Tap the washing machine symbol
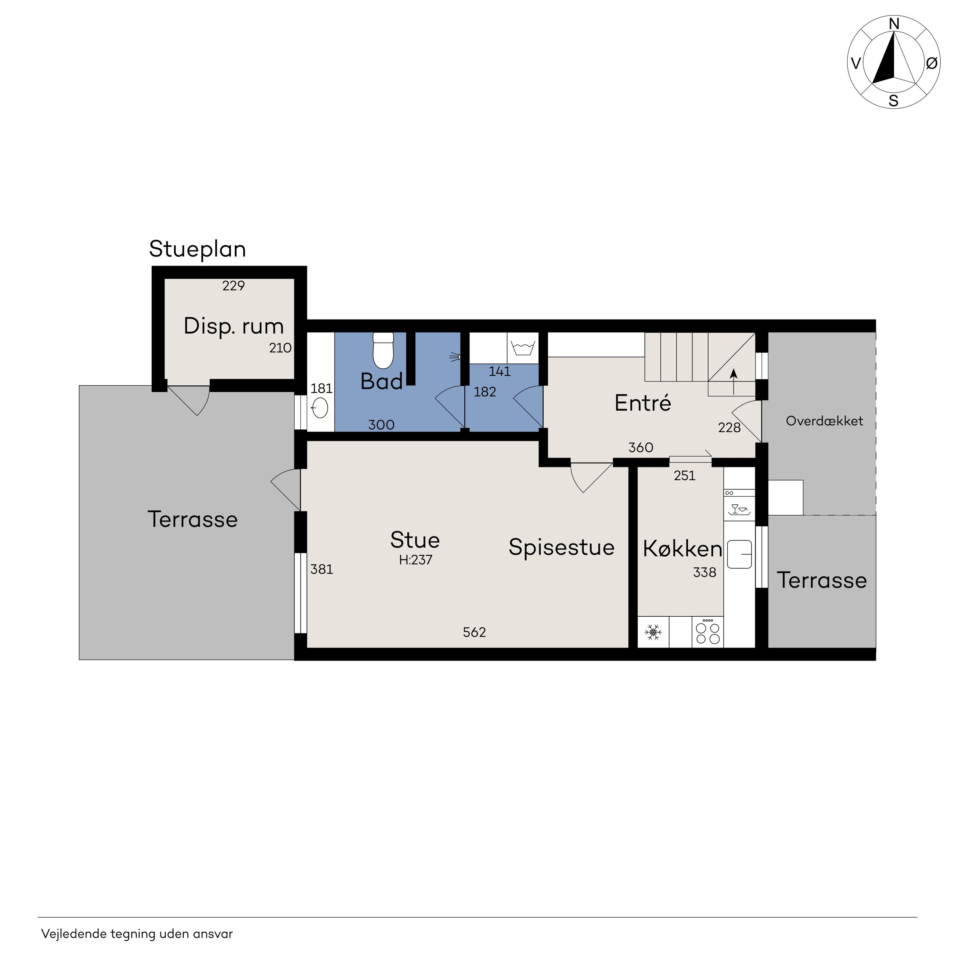tap(522, 349)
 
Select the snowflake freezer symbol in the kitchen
tap(653, 632)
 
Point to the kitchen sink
tap(739, 554)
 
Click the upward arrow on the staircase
tap(734, 381)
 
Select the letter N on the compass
tap(894, 24)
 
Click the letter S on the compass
tap(894, 101)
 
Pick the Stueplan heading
tap(197, 249)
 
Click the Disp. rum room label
tap(234, 326)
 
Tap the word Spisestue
tap(562, 548)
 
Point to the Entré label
tap(642, 403)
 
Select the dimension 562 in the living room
tap(475, 632)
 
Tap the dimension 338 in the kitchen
tap(704, 572)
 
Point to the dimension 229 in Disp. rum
tap(233, 286)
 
